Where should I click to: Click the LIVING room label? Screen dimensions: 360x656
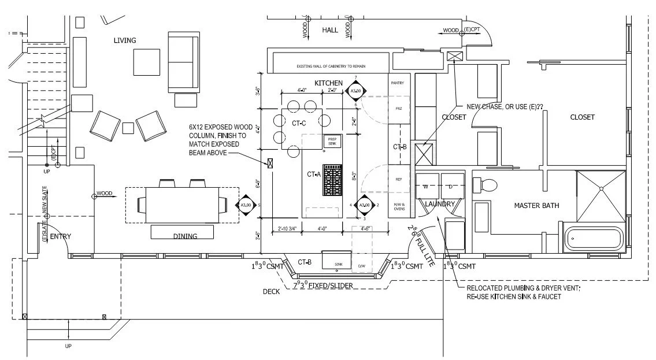point(125,40)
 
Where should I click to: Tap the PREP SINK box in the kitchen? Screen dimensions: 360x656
point(332,141)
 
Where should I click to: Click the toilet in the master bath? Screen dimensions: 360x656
point(486,185)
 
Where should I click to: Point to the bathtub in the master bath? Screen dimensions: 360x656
point(593,238)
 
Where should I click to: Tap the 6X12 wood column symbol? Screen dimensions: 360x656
point(269,163)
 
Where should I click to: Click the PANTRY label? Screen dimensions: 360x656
point(398,83)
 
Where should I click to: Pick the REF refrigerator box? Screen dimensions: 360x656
point(399,180)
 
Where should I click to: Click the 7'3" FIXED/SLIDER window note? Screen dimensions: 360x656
point(323,286)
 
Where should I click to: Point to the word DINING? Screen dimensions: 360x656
point(185,236)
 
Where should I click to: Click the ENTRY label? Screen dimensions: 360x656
point(60,237)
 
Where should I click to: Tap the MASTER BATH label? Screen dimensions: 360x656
point(537,206)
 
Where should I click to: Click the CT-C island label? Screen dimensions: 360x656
point(299,123)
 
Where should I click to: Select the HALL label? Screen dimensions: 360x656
point(329,29)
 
